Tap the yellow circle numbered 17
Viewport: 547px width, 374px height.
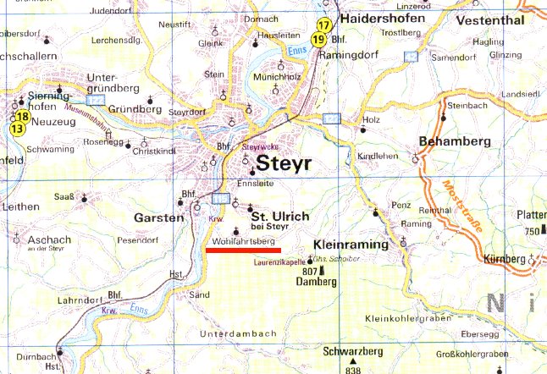[323, 25]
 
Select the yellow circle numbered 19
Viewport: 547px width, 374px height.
[318, 39]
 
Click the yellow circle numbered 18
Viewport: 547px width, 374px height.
[22, 116]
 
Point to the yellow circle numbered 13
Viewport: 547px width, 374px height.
[17, 129]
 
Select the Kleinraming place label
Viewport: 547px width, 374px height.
[350, 245]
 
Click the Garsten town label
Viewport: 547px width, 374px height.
[158, 217]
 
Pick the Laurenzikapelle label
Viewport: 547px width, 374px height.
[279, 263]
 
